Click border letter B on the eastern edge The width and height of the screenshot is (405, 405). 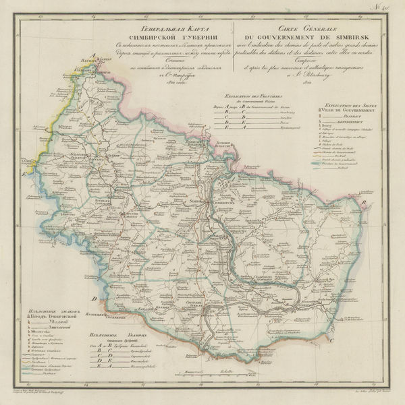coord(363,201)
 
